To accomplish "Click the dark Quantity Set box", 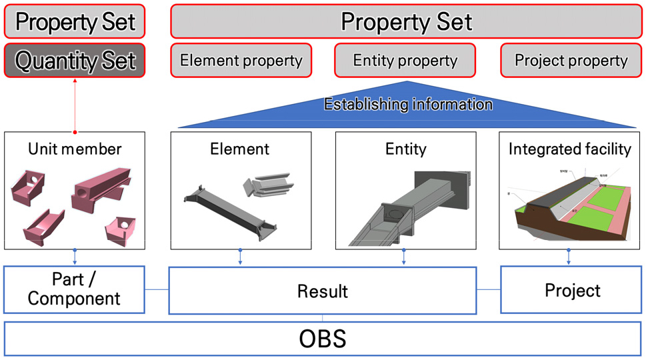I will tap(75, 61).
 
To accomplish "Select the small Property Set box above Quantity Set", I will tap(75, 22).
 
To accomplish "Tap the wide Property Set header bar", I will tap(406, 22).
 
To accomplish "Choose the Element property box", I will tap(241, 61).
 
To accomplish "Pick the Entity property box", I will tap(405, 61).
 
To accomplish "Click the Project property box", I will tap(571, 61).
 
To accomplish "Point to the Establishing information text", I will tap(408, 105).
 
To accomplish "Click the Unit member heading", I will tap(75, 148).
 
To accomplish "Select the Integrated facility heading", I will tap(569, 148).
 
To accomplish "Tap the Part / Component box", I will tap(75, 290).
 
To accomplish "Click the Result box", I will tap(322, 291).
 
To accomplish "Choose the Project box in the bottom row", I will tap(572, 290).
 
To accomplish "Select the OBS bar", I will tap(322, 339).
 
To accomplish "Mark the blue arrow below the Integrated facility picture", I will tap(569, 257).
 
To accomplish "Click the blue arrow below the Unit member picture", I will tap(75, 257).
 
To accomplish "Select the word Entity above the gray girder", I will tap(405, 148).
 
